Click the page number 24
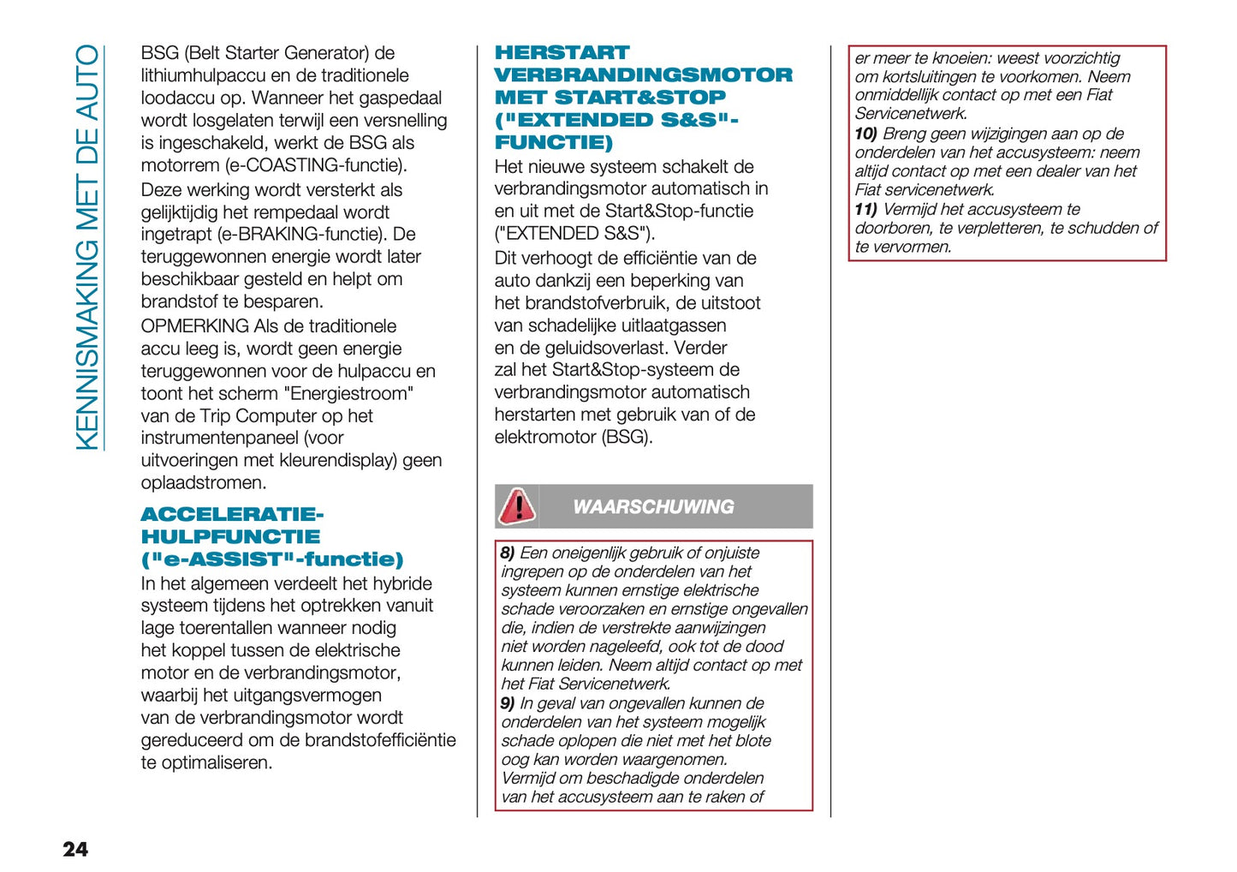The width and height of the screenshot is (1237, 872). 75,849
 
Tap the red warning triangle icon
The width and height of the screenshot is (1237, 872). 517,505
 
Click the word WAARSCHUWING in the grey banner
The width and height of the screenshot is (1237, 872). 653,507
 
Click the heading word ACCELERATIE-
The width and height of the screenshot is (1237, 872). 232,515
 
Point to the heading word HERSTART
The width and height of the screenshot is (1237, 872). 562,53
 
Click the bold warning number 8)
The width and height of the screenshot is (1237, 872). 508,553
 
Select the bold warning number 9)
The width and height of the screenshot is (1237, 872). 508,703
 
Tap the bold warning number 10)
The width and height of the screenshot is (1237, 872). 865,134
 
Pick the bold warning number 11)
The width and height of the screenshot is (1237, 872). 865,209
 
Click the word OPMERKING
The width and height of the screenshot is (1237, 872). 194,326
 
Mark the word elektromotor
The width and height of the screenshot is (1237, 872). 545,437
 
